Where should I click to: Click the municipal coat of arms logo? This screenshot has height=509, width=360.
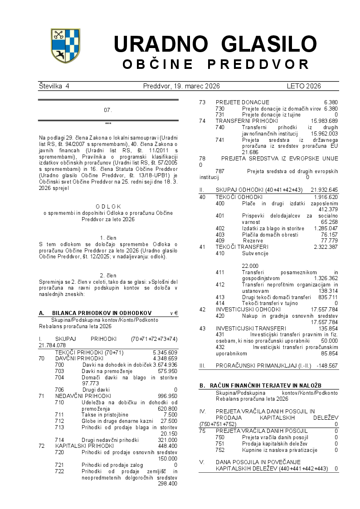pos(65,45)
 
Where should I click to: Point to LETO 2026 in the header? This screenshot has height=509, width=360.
pos(303,86)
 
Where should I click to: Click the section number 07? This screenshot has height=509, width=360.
pos(108,110)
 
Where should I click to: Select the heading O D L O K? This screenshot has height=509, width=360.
pos(108,206)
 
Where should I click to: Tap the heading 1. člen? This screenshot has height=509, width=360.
pos(108,238)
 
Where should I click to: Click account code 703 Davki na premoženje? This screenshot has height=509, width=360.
pos(59,371)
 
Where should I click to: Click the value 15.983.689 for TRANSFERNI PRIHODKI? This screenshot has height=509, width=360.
pos(324,121)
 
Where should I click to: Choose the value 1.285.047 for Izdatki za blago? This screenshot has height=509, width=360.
pos(324,228)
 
